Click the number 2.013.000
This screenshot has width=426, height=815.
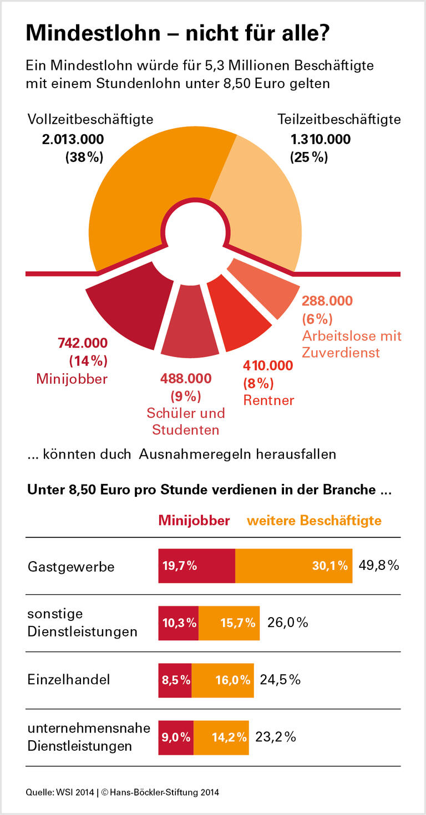click(73, 139)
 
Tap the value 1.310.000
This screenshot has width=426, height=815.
click(320, 139)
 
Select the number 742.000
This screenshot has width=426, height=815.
click(83, 343)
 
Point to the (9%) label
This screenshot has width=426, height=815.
click(185, 396)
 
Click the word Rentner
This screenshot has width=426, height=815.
click(268, 400)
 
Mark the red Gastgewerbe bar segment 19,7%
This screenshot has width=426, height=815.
click(197, 566)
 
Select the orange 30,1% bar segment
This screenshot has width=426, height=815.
click(294, 566)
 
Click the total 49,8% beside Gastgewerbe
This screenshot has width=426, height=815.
click(378, 566)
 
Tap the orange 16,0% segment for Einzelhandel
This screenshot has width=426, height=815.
click(222, 680)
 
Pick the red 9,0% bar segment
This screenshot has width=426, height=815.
click(176, 737)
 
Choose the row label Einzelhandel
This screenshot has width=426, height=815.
click(69, 680)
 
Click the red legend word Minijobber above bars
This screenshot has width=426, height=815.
click(194, 521)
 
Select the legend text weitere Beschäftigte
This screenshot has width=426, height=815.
click(314, 521)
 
